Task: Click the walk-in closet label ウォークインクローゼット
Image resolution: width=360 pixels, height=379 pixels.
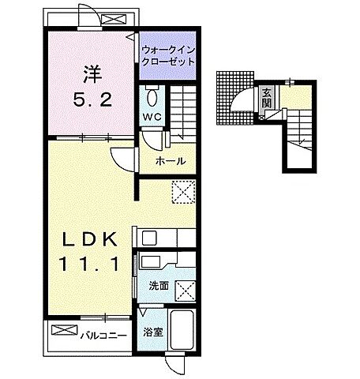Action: click(x=168, y=56)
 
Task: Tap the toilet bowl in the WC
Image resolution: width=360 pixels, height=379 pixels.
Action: click(x=152, y=98)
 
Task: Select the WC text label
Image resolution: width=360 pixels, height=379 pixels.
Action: click(x=152, y=117)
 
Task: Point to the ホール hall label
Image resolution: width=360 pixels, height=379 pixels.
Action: click(x=171, y=161)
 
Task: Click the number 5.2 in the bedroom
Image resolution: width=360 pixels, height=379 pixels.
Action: click(x=92, y=100)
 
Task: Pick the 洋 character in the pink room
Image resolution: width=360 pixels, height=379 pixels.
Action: click(x=92, y=74)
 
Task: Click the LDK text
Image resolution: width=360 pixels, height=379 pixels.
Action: click(x=90, y=239)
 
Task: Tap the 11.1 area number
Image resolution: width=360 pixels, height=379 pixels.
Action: click(x=89, y=264)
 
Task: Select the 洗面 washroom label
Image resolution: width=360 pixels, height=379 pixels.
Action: click(x=159, y=286)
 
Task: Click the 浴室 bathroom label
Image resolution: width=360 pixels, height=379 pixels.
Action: click(x=153, y=332)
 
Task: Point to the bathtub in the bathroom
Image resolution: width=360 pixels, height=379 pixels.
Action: click(x=182, y=330)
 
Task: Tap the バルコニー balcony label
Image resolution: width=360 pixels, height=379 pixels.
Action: click(x=103, y=336)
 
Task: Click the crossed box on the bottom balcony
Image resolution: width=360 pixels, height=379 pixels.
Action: click(x=65, y=330)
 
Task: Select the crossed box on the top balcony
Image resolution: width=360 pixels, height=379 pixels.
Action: click(x=114, y=20)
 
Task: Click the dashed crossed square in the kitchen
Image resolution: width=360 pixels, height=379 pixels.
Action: click(x=184, y=192)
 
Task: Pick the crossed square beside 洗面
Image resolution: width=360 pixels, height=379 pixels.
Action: click(x=186, y=291)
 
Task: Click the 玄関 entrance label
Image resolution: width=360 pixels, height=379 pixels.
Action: click(x=267, y=98)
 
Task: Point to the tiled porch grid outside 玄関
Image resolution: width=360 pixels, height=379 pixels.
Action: click(x=234, y=98)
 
